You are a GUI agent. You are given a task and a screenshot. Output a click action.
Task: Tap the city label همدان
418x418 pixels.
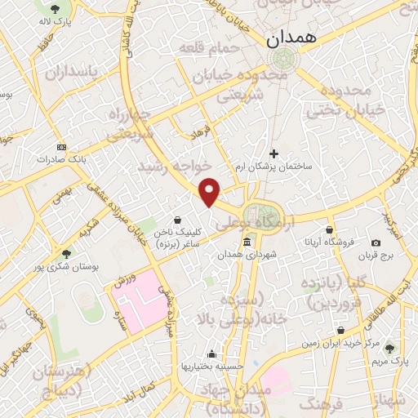(x=286, y=37)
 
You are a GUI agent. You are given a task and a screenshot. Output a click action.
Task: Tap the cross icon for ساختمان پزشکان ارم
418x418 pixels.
(x=273, y=153)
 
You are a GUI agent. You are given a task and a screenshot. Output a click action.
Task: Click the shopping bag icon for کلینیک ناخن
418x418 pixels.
(x=177, y=219)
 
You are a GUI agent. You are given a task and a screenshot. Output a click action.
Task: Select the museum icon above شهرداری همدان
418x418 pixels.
(x=247, y=242)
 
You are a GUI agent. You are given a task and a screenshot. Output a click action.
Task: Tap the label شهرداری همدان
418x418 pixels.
(x=247, y=255)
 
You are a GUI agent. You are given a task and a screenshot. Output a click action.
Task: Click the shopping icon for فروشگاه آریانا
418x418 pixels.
(x=330, y=230)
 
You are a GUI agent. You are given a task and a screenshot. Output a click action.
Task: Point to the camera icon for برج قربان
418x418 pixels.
(x=376, y=243)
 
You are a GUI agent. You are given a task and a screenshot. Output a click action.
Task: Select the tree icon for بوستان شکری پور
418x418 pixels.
(x=66, y=253)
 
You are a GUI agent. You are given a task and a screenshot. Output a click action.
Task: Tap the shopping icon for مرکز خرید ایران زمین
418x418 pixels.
(x=341, y=330)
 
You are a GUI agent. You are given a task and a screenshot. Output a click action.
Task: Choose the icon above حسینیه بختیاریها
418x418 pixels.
(x=212, y=354)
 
